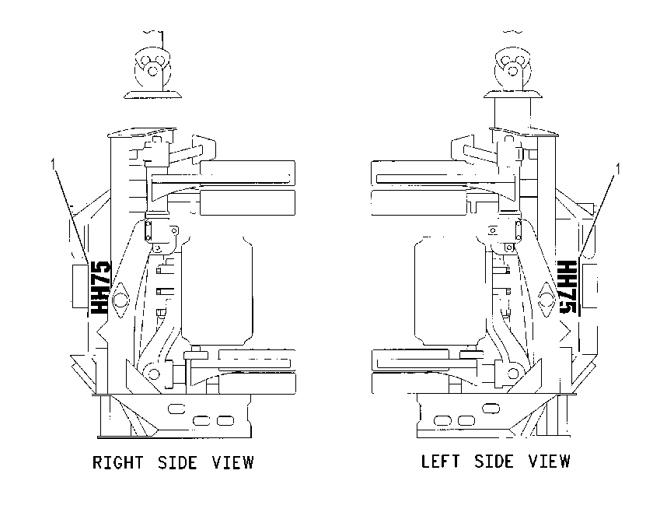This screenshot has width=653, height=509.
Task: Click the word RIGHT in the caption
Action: coord(117,463)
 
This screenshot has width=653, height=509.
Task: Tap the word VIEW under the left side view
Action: coord(550,462)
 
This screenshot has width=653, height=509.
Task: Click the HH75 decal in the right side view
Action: coord(100,288)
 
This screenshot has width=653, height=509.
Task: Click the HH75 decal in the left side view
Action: coord(567,288)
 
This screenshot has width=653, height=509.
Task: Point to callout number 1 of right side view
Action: coord(53,164)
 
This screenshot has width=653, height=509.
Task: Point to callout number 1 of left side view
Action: coord(618,169)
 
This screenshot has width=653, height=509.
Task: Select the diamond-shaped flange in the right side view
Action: coord(120,300)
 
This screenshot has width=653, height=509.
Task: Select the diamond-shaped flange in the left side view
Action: coord(547,300)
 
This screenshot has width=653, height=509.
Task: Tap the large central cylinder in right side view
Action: coord(217,290)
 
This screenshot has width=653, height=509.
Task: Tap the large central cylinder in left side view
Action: coord(451,290)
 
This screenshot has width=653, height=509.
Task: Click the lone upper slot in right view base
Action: coord(176,409)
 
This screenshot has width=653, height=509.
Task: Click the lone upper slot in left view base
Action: coord(491,408)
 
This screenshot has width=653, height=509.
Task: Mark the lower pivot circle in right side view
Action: coord(153,373)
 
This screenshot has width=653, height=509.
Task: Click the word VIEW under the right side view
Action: coord(232,463)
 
